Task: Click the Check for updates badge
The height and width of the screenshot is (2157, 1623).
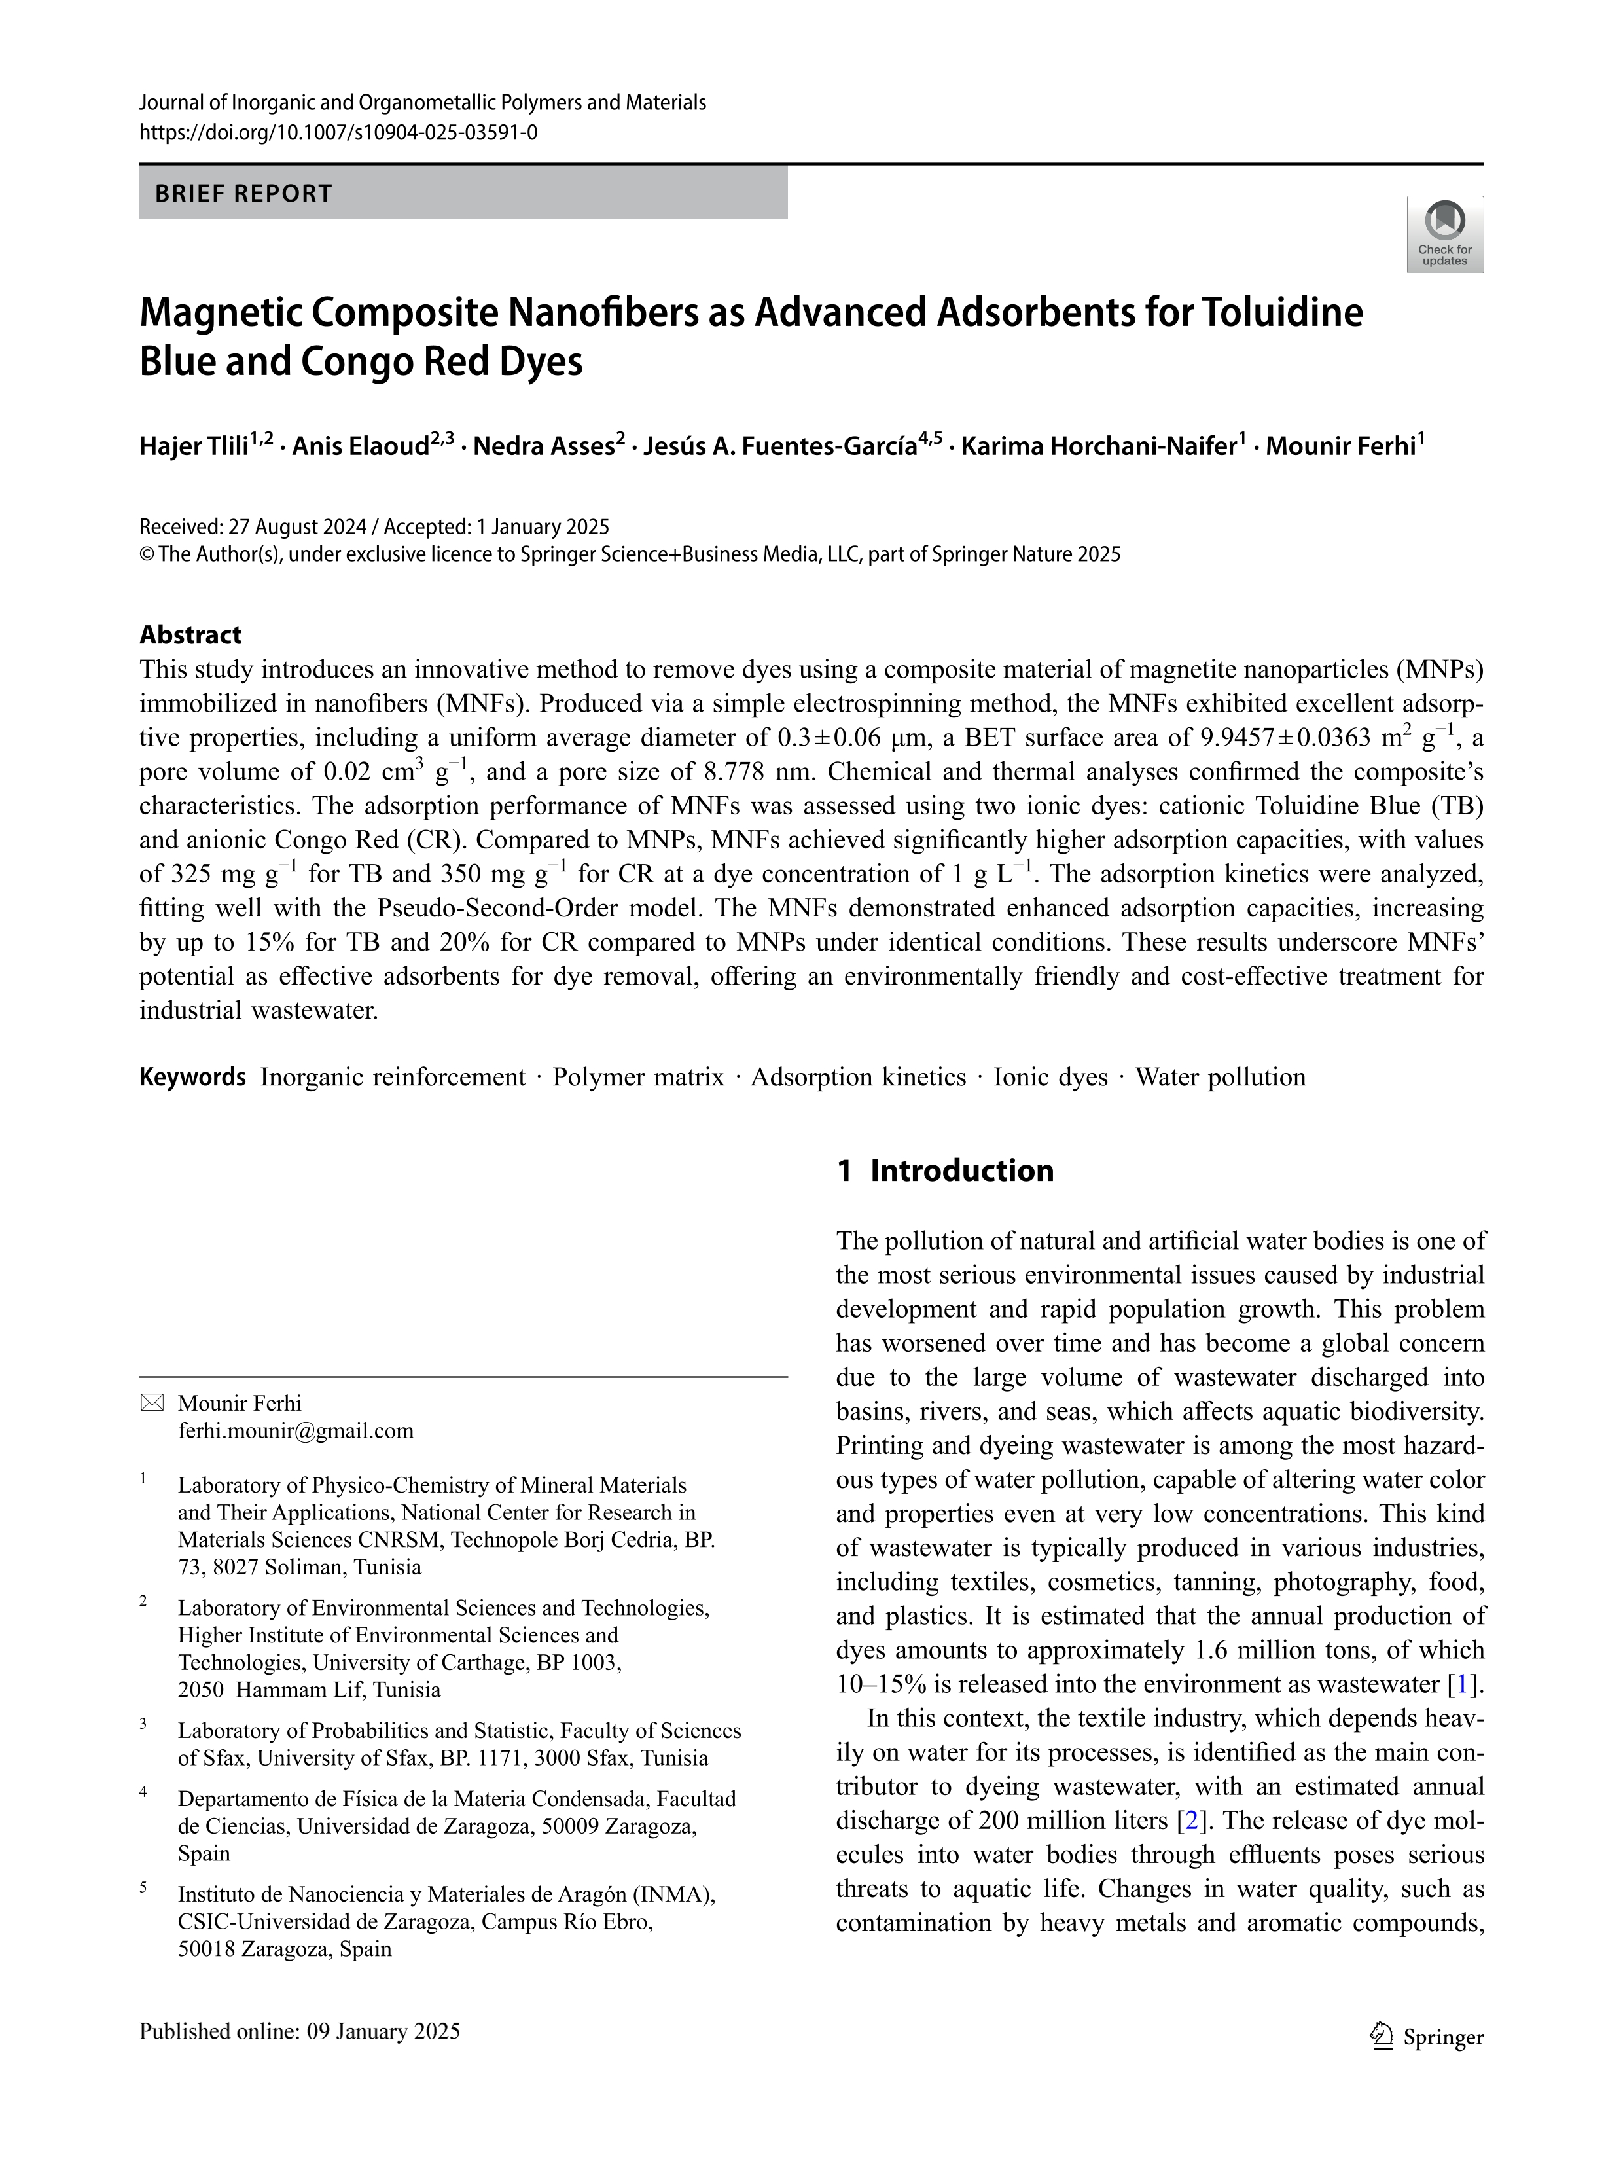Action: (1444, 234)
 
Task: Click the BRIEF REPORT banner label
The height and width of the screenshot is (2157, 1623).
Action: (243, 193)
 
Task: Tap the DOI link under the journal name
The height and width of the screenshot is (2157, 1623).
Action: (338, 132)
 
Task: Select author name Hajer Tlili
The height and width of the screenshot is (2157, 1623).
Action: (194, 446)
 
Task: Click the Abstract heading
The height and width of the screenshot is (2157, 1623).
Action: (190, 635)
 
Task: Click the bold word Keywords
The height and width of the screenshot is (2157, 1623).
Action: (192, 1077)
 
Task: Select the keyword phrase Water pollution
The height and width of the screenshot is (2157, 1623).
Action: (1221, 1077)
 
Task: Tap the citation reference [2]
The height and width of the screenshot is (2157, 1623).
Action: (1190, 1821)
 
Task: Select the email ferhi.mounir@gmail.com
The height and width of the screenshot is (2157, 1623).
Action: (295, 1430)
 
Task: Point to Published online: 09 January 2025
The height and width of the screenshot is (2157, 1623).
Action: (299, 2031)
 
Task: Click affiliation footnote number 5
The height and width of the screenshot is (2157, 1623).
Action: (143, 1887)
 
